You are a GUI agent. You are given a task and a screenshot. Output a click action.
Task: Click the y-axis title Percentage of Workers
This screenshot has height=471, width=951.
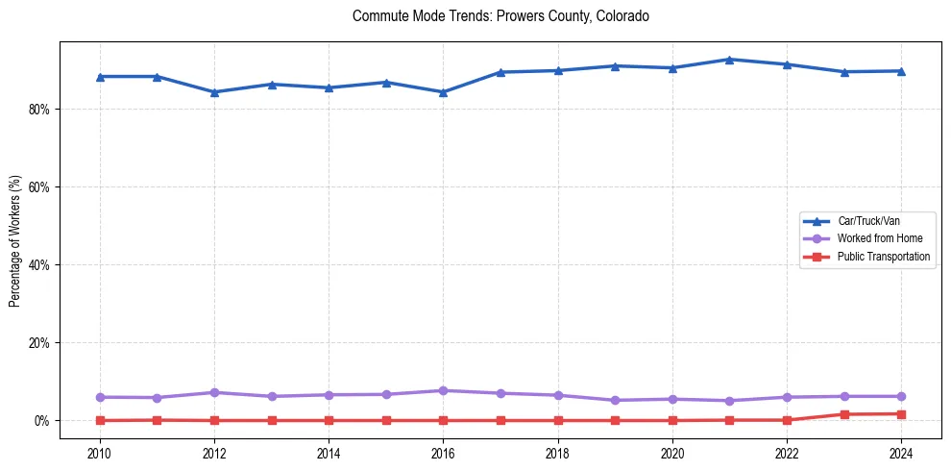(14, 240)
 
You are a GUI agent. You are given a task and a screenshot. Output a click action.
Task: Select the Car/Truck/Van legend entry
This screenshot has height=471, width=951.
(868, 221)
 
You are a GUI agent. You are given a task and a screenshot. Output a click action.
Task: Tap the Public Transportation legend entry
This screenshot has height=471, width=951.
(883, 257)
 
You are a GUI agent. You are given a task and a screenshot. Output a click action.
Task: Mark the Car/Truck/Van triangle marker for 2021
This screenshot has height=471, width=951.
(729, 60)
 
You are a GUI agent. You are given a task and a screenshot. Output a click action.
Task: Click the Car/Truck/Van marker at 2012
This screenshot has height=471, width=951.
(214, 92)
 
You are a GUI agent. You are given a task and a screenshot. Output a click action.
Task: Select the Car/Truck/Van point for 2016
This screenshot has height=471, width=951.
(443, 92)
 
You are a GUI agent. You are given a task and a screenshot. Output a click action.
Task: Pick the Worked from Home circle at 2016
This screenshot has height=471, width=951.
(443, 390)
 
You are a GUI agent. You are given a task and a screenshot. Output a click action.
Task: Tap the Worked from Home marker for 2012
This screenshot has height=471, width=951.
(214, 392)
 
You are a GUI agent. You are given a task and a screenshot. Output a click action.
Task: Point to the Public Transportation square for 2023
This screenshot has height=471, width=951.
(844, 414)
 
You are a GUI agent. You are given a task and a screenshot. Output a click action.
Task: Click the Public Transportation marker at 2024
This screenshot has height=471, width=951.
(901, 414)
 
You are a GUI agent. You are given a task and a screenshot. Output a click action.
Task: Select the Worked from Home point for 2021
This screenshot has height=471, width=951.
(729, 401)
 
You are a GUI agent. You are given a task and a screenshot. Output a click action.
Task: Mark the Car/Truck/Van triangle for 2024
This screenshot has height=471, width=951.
(901, 71)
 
